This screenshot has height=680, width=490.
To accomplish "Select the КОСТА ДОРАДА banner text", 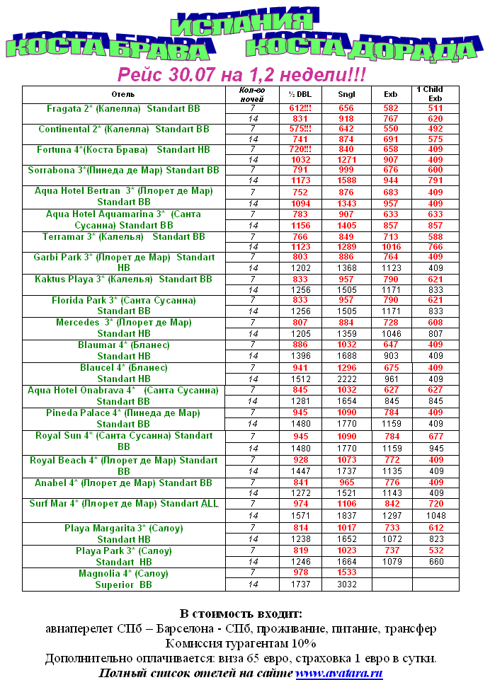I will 360,47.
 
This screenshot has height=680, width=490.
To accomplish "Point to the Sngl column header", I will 346,94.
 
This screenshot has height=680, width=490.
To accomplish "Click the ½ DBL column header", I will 300,94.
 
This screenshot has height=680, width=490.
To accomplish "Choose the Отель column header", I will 123,94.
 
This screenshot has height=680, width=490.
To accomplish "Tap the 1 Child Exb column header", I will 435,94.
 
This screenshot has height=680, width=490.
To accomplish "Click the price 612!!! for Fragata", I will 300,108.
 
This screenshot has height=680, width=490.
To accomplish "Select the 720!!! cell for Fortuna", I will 300,150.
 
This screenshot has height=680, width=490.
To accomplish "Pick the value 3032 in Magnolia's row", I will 346,585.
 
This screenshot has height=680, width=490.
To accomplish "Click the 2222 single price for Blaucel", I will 346,378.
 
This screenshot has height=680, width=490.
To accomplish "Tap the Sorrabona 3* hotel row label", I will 123,171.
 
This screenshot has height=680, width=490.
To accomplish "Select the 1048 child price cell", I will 435,516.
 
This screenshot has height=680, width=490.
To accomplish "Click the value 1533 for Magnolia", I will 346,572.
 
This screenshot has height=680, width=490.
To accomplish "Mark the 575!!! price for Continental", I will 300,129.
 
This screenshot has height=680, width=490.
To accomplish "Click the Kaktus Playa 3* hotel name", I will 123,280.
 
